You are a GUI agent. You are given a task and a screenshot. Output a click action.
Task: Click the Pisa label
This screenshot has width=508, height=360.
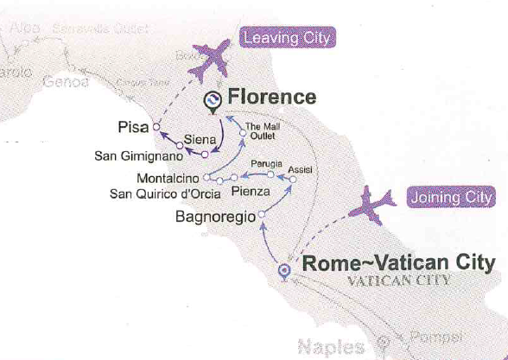132,127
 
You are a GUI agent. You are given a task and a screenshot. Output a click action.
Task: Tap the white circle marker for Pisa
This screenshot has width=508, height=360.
156,127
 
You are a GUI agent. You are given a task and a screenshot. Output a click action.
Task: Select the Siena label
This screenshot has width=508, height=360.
200,139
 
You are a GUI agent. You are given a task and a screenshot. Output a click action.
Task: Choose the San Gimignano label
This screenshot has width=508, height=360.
143,158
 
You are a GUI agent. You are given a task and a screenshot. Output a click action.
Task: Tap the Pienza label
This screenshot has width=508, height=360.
251,192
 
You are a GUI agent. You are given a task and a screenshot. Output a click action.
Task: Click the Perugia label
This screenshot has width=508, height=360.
266,163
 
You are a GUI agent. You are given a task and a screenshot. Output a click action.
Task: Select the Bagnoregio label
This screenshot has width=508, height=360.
214,216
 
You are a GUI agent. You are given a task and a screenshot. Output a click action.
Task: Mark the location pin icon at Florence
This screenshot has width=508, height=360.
210,102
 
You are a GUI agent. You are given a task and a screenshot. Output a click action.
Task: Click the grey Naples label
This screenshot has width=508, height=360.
331,347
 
